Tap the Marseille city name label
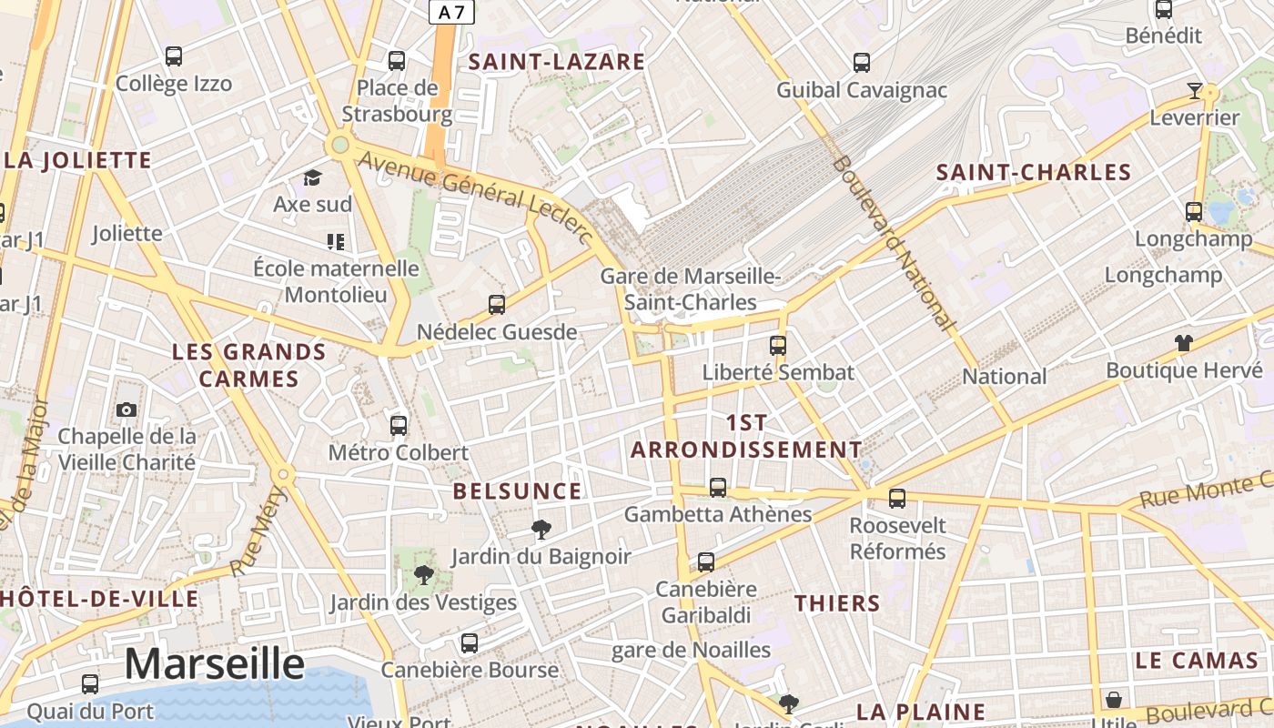(214, 663)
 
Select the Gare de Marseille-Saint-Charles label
(691, 288)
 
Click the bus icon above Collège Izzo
(174, 56)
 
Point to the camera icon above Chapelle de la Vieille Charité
(126, 410)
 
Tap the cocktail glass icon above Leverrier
(1195, 91)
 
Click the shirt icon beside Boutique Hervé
(1183, 343)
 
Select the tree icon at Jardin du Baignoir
(541, 530)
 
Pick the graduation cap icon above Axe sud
(313, 177)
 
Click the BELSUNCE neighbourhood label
(517, 491)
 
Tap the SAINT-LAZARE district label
(556, 62)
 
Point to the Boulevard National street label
(894, 242)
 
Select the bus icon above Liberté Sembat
(778, 346)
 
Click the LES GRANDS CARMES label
(248, 365)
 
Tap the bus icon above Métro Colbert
(399, 425)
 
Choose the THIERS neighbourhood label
(837, 603)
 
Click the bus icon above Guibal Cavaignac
(862, 63)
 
